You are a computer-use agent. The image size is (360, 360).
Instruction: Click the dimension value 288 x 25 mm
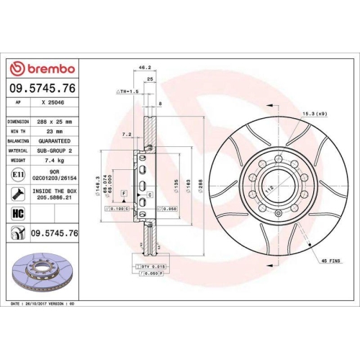[x=54, y=122]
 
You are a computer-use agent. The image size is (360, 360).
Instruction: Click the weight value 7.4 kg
[x=54, y=160]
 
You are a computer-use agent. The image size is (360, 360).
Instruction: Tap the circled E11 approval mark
[x=17, y=174]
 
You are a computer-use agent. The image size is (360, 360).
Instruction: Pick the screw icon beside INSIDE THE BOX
[x=17, y=193]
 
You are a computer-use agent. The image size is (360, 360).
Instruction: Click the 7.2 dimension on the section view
[x=126, y=134]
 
